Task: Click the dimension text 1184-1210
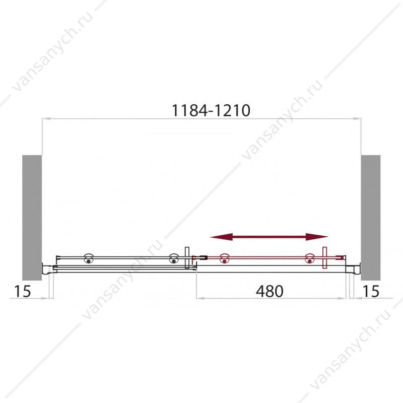tap(211, 110)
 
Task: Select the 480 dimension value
tap(270, 291)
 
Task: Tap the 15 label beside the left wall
tap(22, 291)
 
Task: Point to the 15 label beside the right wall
tap(371, 291)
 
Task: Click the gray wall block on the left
tap(32, 218)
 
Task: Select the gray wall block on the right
tap(371, 218)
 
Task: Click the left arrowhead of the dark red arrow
tap(221, 237)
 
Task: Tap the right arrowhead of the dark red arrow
tap(317, 237)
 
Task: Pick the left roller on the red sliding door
tap(225, 258)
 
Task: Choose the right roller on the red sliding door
tap(310, 258)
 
